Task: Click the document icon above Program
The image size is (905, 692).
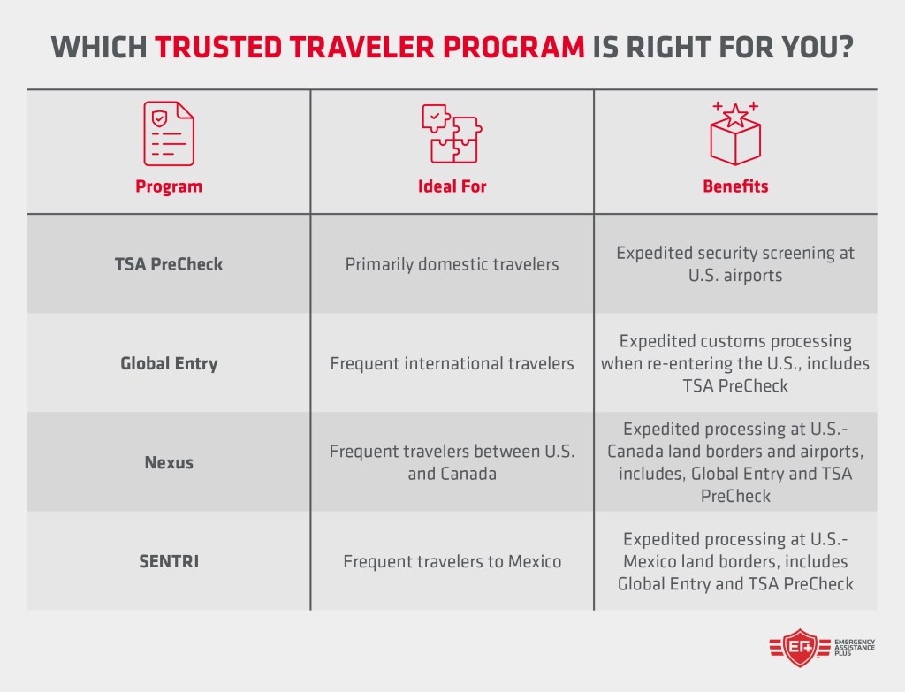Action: coord(168,133)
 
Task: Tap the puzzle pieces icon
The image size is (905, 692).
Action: coord(452,133)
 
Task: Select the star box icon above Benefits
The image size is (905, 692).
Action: coord(735,133)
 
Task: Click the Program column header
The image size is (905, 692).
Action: coord(168,186)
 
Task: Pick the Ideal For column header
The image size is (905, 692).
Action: coord(452,186)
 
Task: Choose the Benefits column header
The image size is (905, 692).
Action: coord(735,186)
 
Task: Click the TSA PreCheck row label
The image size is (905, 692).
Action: coord(168,263)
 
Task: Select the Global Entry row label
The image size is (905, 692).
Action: coord(168,362)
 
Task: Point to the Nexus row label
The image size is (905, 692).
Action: coord(168,462)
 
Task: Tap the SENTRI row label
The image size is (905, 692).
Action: coord(168,561)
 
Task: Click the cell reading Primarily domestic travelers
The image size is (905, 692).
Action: coord(452,264)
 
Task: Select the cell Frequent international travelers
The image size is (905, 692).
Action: coord(452,363)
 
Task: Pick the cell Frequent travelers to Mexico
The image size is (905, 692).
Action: coord(452,561)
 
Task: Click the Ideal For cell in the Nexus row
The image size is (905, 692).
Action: coord(452,462)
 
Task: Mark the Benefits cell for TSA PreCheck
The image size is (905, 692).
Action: coord(735,263)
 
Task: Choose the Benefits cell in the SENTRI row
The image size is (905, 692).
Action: coord(735,561)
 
